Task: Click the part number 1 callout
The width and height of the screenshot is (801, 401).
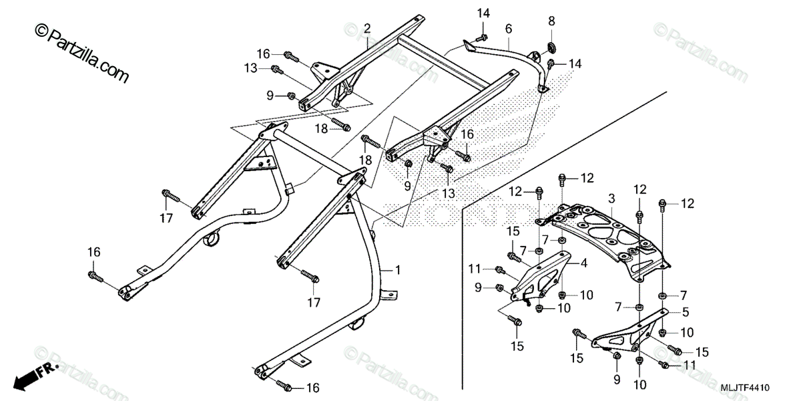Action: tap(398, 270)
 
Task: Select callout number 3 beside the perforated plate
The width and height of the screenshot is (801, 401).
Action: tap(611, 199)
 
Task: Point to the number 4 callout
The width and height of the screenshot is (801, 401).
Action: tap(583, 263)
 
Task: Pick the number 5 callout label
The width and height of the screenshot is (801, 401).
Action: tap(686, 311)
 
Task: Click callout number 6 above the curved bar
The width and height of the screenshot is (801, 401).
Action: tap(509, 29)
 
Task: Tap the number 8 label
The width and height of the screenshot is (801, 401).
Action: tap(551, 21)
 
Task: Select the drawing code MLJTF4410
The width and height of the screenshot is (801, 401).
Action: tap(745, 388)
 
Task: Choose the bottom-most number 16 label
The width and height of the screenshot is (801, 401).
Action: tap(312, 388)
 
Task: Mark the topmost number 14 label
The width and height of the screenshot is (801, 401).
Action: tap(483, 13)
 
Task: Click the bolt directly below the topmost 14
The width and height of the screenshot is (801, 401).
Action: tap(481, 37)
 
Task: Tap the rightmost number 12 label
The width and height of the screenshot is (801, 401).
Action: tap(688, 203)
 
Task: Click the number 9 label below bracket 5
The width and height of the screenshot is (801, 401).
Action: tap(616, 380)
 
